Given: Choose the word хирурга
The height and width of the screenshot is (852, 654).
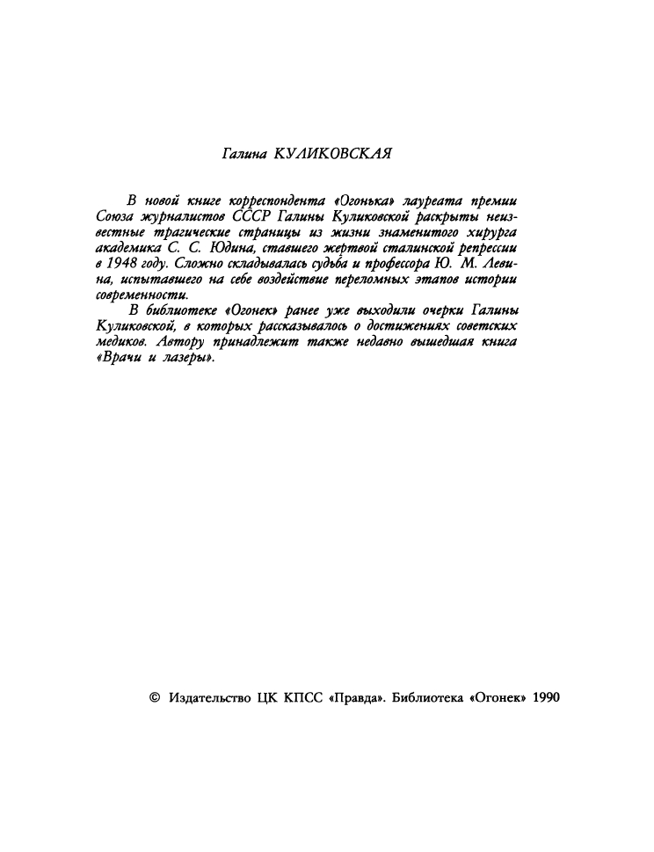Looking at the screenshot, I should (489, 231).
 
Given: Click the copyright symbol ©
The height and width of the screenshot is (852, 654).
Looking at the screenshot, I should (155, 697).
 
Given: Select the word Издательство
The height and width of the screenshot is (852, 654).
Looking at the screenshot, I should (207, 697).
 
